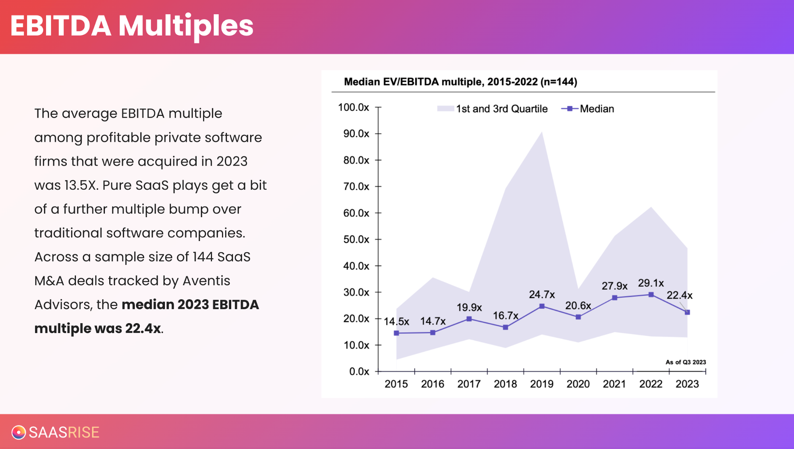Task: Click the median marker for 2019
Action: pyautogui.click(x=542, y=306)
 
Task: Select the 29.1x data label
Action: pyautogui.click(x=651, y=283)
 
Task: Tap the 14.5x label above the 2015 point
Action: pyautogui.click(x=396, y=321)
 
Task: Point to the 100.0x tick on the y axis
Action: pyautogui.click(x=354, y=107)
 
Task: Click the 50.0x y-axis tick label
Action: pyautogui.click(x=356, y=239)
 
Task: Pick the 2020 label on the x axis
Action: pyautogui.click(x=578, y=384)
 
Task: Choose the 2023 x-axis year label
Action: pyautogui.click(x=687, y=384)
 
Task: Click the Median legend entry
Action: pyautogui.click(x=596, y=109)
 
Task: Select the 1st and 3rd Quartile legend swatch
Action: pyautogui.click(x=445, y=109)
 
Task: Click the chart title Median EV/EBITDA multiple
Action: pyautogui.click(x=460, y=82)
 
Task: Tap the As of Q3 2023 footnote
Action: pyautogui.click(x=686, y=362)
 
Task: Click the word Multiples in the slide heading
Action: pyautogui.click(x=186, y=26)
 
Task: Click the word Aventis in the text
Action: pyautogui.click(x=206, y=281)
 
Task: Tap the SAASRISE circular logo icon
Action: pyautogui.click(x=18, y=432)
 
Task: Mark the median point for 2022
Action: pyautogui.click(x=651, y=295)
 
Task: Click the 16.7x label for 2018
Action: pyautogui.click(x=505, y=316)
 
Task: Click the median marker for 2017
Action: pyautogui.click(x=469, y=319)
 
